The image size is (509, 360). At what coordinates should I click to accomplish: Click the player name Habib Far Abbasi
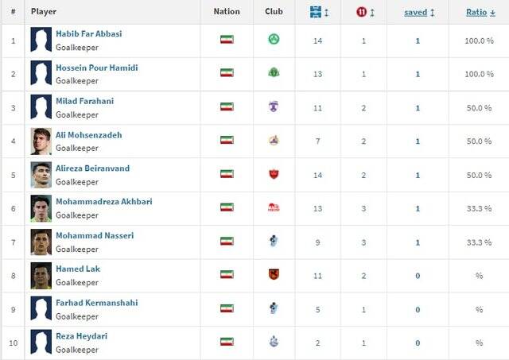(88, 34)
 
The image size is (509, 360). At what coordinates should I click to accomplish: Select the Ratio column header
(477, 12)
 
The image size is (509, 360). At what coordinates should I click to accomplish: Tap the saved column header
(416, 12)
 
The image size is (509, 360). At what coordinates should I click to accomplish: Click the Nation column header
(227, 12)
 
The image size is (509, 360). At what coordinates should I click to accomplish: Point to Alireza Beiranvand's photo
(41, 174)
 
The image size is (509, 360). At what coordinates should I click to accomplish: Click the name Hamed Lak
(78, 269)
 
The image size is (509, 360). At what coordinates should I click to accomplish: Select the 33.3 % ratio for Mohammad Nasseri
(479, 242)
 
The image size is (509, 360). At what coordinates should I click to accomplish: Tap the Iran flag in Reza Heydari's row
(227, 342)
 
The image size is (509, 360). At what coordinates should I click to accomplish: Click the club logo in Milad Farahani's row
(274, 106)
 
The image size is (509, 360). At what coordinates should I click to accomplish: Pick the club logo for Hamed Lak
(274, 275)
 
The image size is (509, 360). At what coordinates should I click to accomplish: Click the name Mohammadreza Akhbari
(103, 202)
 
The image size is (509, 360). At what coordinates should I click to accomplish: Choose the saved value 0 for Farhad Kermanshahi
(418, 309)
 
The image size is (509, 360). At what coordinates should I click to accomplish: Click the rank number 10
(13, 343)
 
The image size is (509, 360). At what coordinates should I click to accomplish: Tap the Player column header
(43, 12)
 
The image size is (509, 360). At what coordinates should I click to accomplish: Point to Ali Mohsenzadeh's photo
(41, 141)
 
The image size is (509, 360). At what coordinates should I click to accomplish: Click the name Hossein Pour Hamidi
(96, 68)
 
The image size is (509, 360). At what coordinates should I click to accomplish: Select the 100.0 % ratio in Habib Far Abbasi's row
(479, 40)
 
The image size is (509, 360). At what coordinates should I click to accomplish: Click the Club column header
(274, 12)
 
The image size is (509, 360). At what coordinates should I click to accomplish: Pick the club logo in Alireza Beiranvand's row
(274, 174)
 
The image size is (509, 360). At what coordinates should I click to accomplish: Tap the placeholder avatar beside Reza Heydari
(41, 343)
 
